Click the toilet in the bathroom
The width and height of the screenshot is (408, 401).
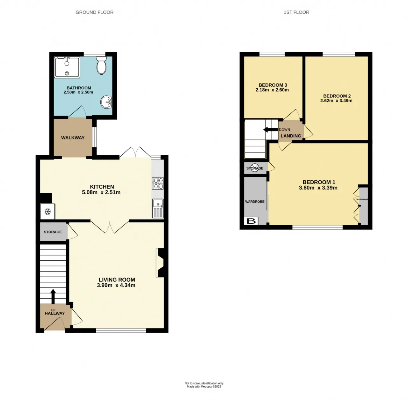tap(101, 65)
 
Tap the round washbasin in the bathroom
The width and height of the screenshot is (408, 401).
tap(106, 102)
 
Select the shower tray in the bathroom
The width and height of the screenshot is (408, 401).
tap(67, 67)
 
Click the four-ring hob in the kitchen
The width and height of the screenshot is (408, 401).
tap(158, 183)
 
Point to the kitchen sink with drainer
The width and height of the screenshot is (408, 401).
tap(158, 208)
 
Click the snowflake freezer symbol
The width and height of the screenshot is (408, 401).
tap(47, 211)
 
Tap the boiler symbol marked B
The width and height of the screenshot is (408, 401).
tap(251, 221)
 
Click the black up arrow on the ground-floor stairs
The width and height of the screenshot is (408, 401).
tap(53, 296)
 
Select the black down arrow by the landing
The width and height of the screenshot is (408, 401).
tap(270, 130)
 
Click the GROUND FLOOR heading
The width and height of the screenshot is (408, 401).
tap(94, 12)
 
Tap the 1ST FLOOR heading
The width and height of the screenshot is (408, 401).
tap(296, 12)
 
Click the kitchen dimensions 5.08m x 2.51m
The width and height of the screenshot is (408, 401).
tap(101, 192)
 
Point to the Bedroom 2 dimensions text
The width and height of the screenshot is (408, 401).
tap(336, 101)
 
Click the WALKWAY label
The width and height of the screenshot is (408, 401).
tap(73, 138)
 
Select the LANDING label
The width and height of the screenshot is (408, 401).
tap(291, 136)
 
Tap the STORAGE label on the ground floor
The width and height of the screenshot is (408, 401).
tap(53, 232)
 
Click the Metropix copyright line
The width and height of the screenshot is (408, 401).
tap(204, 386)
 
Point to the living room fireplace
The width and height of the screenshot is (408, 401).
tap(160, 263)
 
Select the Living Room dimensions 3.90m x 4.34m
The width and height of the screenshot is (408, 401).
tap(116, 285)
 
